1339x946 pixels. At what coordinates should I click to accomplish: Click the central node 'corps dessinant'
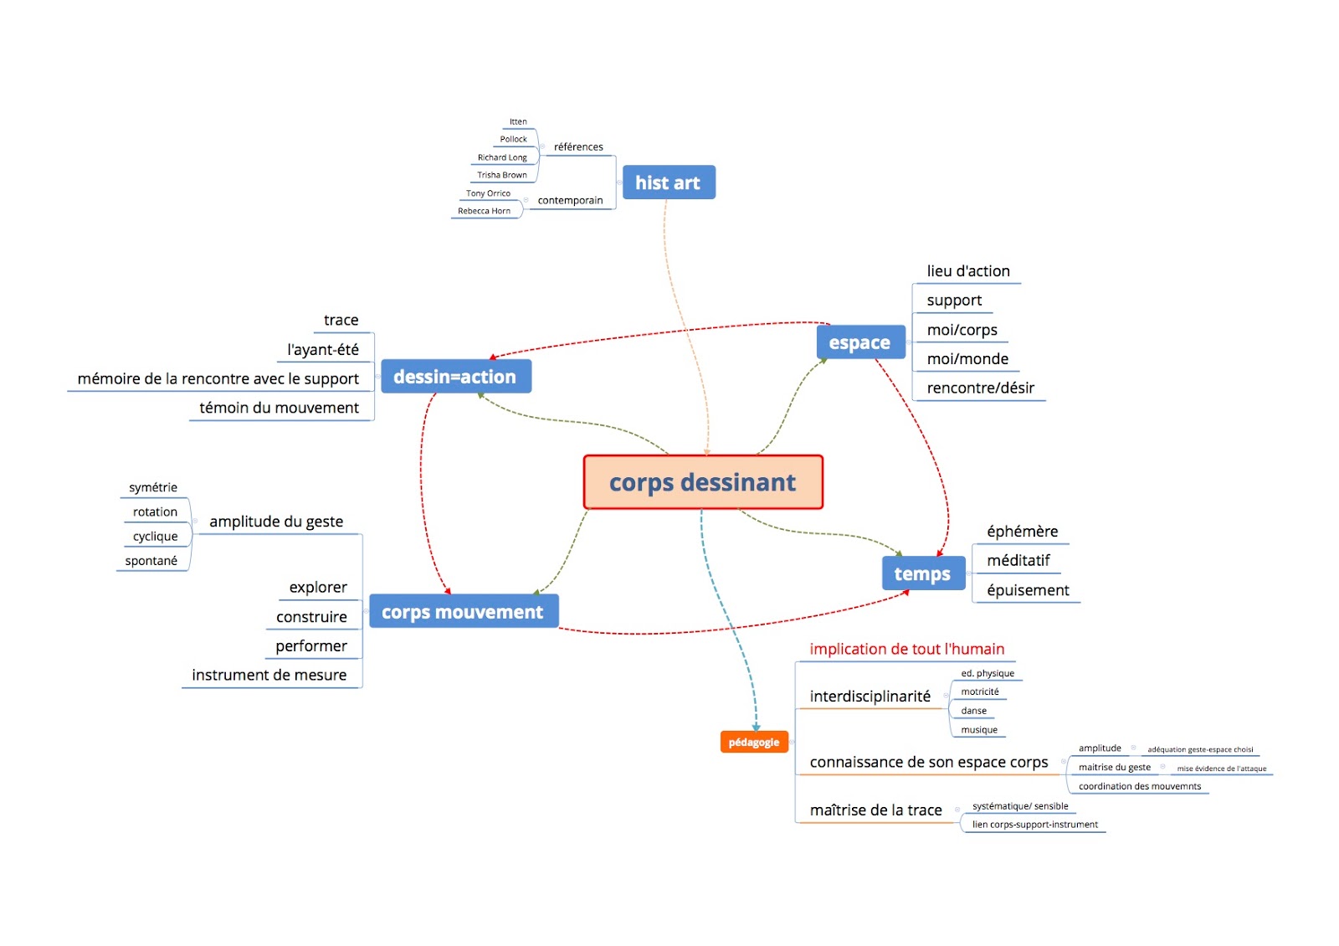[703, 482]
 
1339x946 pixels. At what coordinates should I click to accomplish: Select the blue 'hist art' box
[668, 183]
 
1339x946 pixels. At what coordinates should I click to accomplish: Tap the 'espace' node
[859, 342]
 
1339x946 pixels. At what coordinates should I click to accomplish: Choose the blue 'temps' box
[922, 573]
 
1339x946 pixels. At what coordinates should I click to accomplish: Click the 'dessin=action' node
[455, 377]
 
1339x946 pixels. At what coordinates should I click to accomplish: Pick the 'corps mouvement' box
[463, 612]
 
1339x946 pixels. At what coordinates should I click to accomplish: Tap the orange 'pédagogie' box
[753, 742]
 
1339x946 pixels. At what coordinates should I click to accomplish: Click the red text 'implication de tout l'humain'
[906, 649]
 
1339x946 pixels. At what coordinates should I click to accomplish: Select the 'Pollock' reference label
[514, 139]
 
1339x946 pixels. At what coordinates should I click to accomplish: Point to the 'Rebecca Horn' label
[484, 211]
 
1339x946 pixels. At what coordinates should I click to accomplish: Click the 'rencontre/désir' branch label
[980, 388]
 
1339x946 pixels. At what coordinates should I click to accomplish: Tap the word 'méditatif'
[1018, 560]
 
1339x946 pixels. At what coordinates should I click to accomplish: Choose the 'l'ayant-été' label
[323, 349]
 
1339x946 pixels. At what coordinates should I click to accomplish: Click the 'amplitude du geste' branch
[276, 522]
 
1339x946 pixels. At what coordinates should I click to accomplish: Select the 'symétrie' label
[153, 487]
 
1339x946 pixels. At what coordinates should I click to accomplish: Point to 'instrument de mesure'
[269, 675]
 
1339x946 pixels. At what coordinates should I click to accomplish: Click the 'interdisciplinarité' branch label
[870, 696]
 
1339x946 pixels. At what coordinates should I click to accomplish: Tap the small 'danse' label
[973, 711]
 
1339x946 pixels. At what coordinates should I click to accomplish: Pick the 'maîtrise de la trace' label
[875, 810]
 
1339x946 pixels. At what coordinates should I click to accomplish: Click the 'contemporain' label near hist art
[570, 200]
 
